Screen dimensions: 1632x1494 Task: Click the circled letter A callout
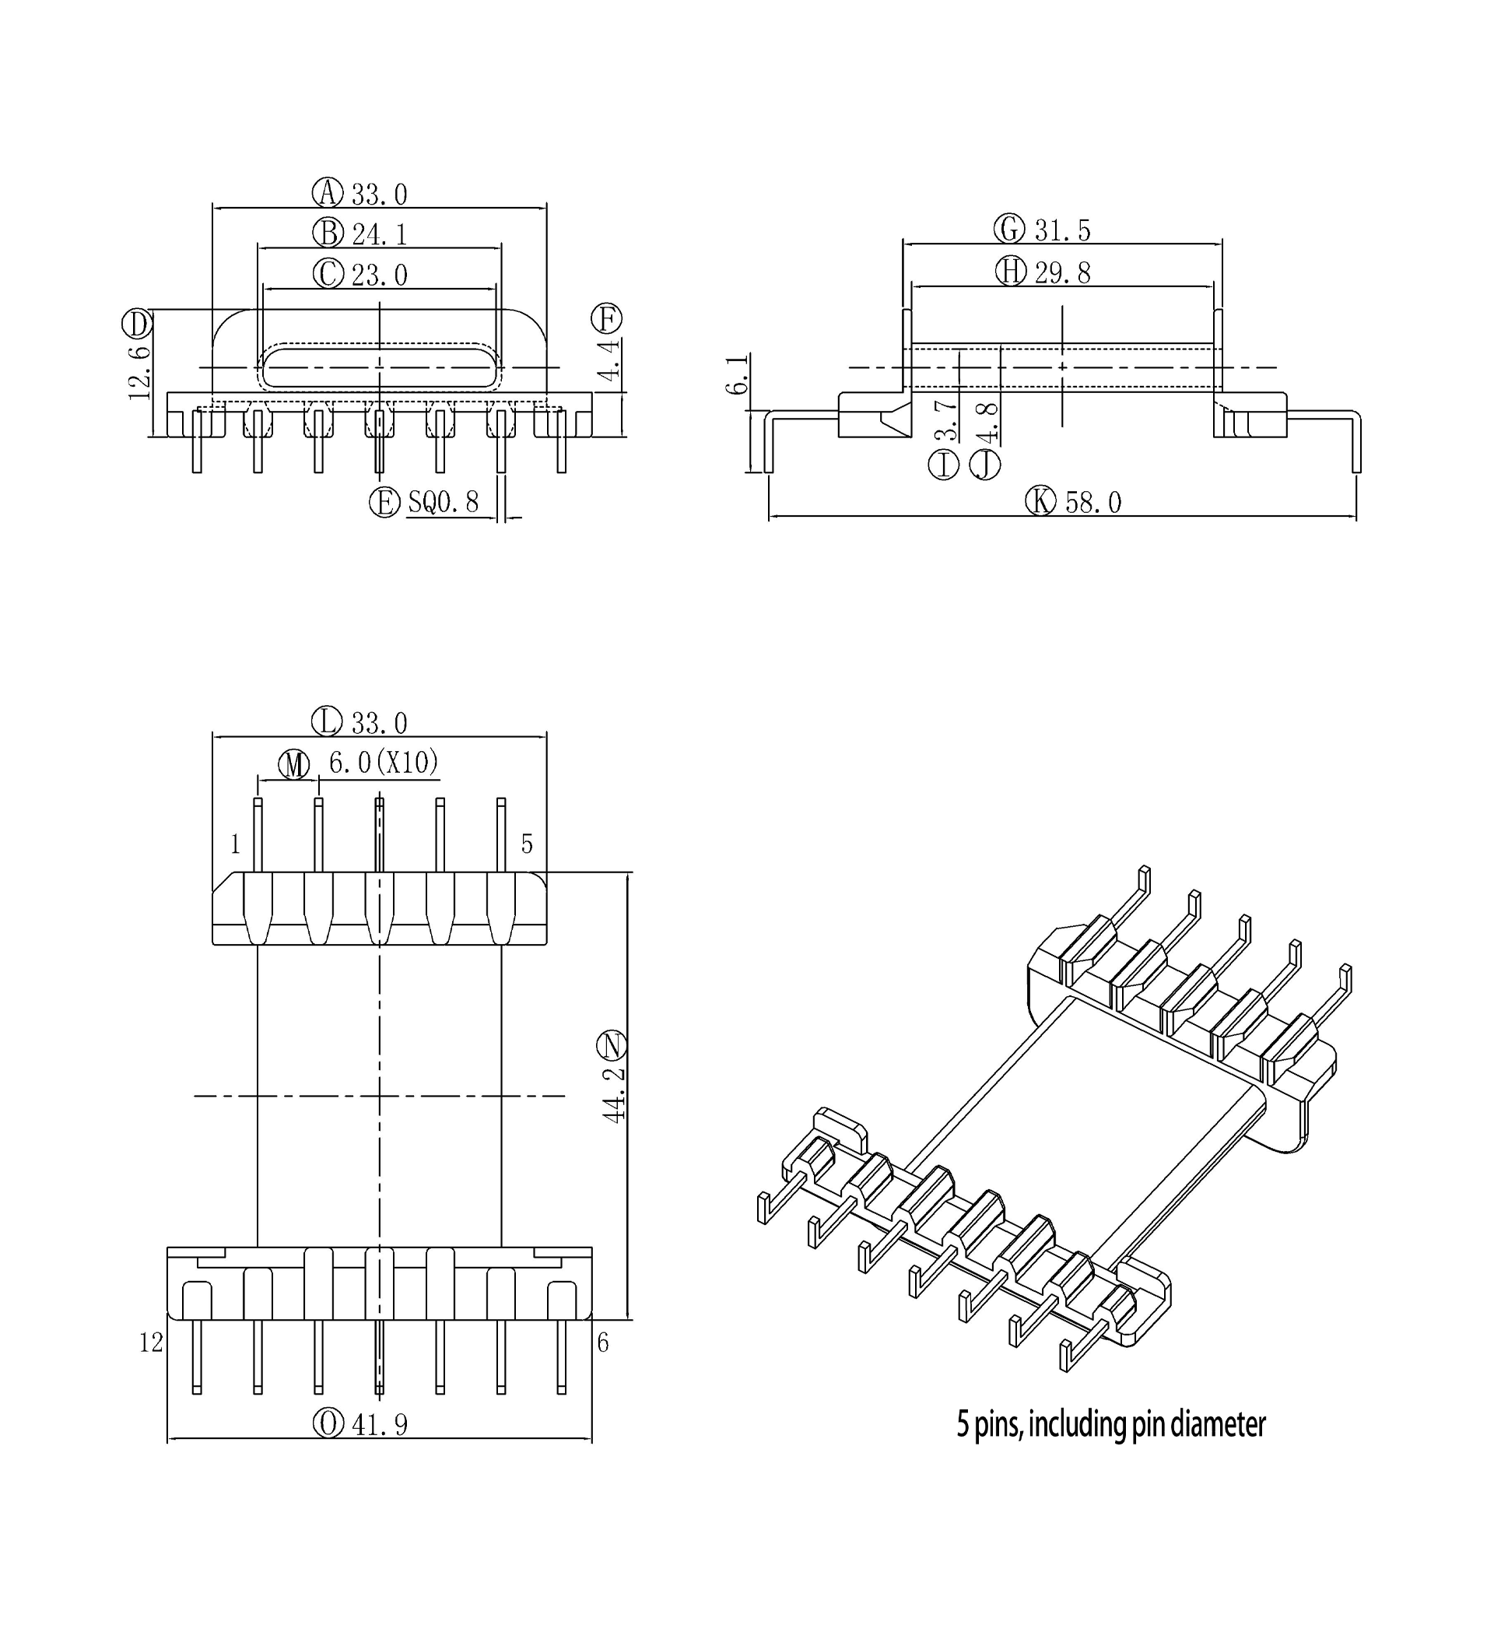point(328,193)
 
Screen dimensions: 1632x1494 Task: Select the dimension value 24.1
point(379,234)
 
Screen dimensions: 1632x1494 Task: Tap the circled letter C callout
point(328,274)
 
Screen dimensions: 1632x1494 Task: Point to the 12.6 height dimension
point(139,370)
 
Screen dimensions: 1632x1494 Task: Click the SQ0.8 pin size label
point(443,502)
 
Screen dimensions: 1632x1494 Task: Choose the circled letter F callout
point(606,318)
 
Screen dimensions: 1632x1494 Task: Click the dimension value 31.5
point(1063,230)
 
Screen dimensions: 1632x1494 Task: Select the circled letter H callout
point(1010,271)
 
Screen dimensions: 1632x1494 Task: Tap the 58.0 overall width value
point(1092,503)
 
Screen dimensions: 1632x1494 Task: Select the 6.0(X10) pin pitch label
point(384,762)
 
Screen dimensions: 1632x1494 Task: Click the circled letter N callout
point(612,1046)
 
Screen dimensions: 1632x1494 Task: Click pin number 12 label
point(151,1343)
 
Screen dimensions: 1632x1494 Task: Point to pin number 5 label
point(527,844)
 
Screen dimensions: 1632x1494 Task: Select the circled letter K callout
point(1041,501)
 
